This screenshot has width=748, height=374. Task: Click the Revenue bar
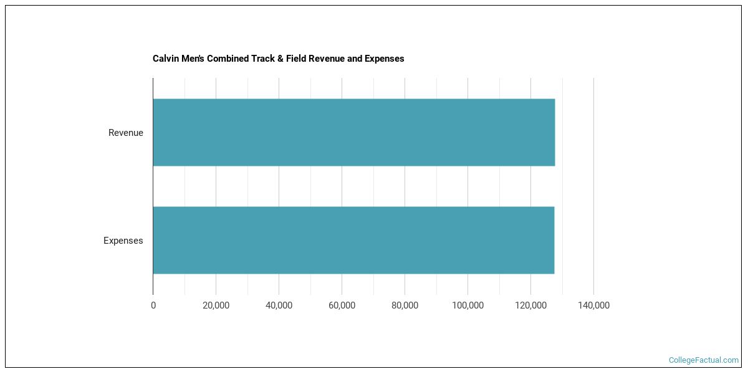(x=353, y=132)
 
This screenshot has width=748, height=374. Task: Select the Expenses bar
(x=353, y=240)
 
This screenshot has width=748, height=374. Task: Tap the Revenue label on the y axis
(x=125, y=133)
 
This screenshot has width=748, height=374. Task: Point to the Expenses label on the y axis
(x=123, y=241)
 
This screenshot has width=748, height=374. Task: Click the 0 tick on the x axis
(x=153, y=305)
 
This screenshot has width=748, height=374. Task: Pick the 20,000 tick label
(x=216, y=305)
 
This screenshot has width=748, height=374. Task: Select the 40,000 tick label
(x=279, y=305)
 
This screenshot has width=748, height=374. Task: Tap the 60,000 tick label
(x=342, y=305)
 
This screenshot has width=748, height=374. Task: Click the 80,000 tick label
(x=405, y=305)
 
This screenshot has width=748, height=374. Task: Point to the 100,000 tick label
(x=467, y=305)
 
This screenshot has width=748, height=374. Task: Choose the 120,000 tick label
(x=530, y=305)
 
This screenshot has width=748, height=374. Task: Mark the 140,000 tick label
(x=593, y=305)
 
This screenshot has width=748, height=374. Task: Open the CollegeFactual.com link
(x=703, y=360)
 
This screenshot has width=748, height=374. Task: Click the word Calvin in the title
(x=165, y=59)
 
